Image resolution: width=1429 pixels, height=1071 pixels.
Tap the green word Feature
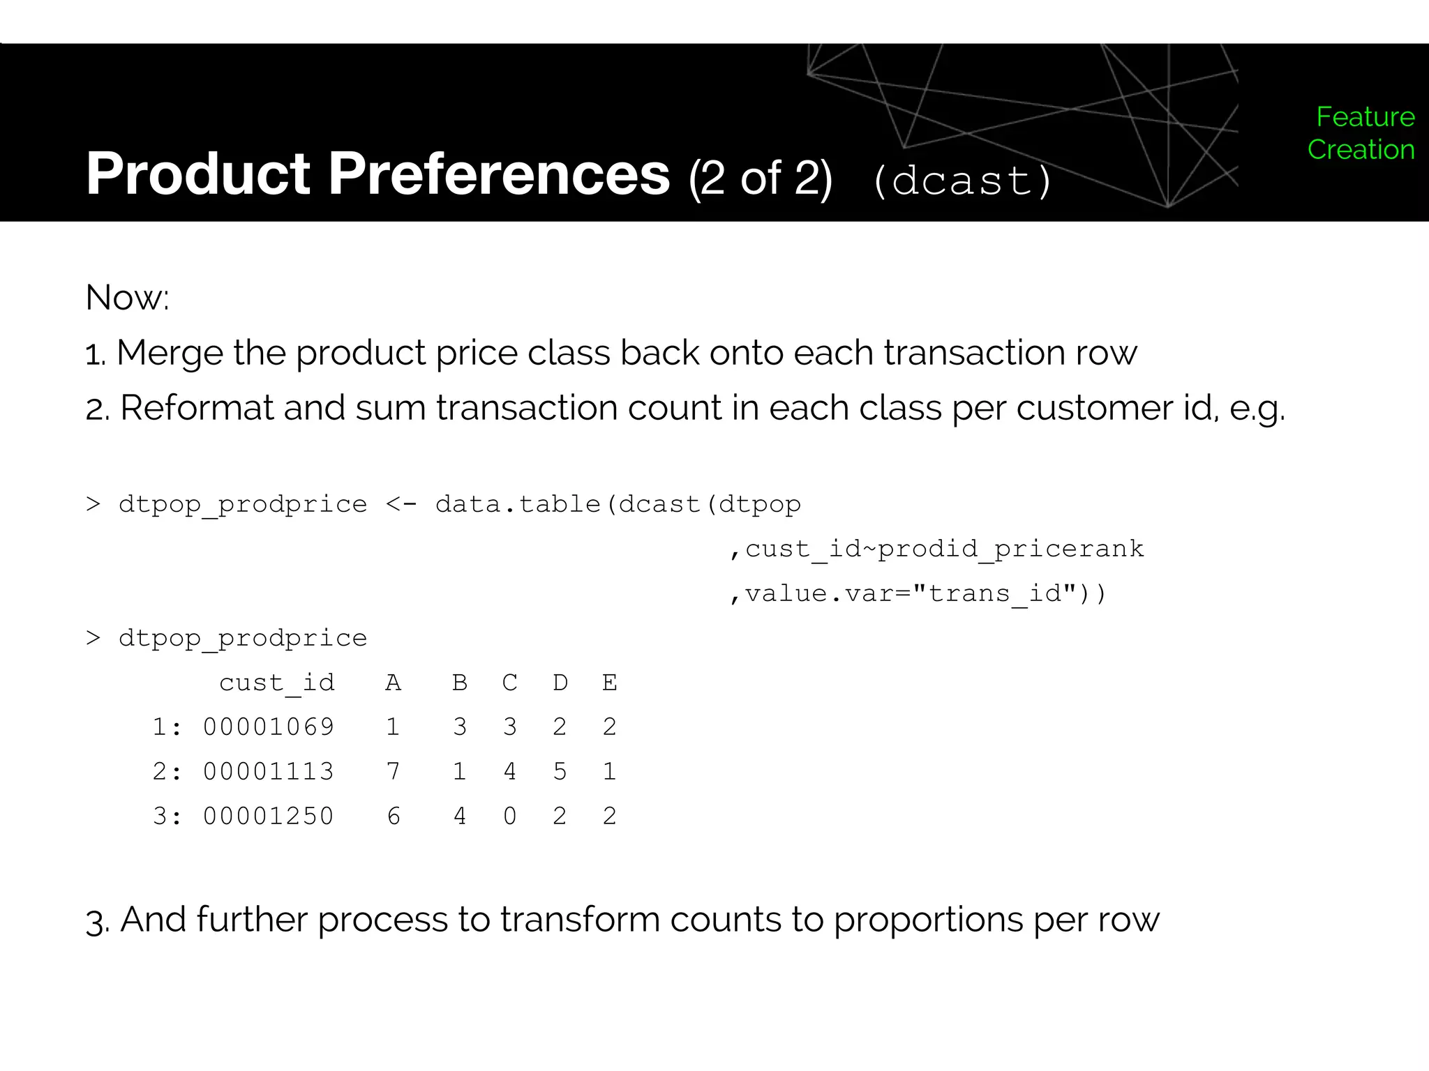(x=1365, y=117)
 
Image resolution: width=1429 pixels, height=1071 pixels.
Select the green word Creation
(x=1361, y=150)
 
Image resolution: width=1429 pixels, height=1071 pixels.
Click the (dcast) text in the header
(x=962, y=181)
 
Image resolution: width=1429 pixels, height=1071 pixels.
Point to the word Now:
(x=127, y=298)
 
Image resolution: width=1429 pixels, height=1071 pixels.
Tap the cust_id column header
(x=276, y=683)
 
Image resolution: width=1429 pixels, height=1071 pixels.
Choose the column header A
(x=394, y=683)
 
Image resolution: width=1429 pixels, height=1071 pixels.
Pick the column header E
(x=609, y=683)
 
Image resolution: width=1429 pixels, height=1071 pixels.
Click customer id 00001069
(x=269, y=727)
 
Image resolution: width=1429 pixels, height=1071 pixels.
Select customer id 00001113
(x=269, y=772)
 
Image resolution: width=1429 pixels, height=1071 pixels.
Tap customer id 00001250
(x=269, y=816)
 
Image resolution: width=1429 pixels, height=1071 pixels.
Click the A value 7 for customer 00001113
(x=394, y=772)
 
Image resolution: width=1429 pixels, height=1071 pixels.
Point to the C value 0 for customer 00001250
(x=510, y=816)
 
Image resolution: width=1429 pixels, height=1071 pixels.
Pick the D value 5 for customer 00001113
(x=560, y=772)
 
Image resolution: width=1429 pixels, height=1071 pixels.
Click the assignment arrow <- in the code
(x=401, y=504)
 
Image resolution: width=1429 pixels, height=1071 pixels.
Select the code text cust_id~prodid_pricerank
(x=944, y=549)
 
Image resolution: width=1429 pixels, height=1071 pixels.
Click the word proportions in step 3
(x=928, y=920)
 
